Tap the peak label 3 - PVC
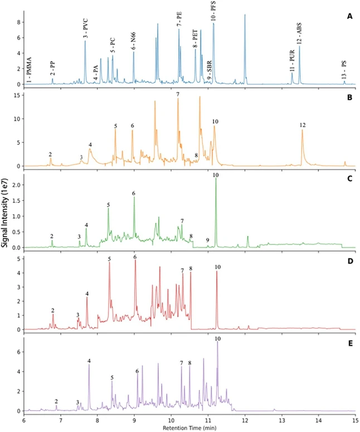pos(85,28)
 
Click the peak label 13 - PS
pos(344,70)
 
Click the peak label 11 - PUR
pos(291,60)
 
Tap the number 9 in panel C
pos(207,240)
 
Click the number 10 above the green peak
pos(216,176)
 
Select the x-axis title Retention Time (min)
pos(189,428)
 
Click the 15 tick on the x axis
pos(355,420)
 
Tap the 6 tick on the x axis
pos(24,420)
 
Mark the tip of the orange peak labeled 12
pos(303,130)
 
